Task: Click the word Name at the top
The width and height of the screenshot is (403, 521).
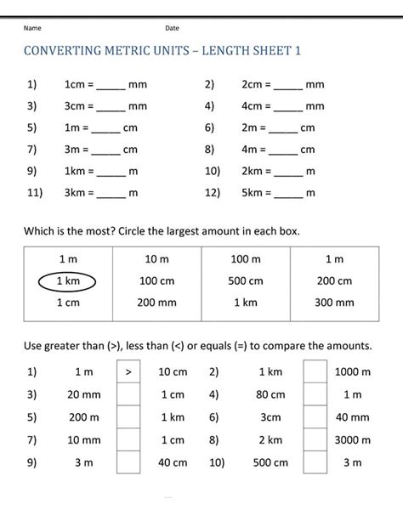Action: (31, 28)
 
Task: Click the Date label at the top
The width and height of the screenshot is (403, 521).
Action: (172, 28)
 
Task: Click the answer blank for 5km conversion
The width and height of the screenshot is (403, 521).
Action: (289, 194)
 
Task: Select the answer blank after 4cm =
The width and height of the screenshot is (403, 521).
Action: (289, 108)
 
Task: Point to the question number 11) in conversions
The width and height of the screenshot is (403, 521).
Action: (35, 193)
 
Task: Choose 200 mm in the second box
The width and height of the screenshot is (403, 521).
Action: (156, 303)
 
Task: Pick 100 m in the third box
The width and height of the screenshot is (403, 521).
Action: (246, 258)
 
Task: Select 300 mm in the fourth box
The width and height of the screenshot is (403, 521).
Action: (334, 303)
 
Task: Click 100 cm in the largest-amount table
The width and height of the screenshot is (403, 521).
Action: (156, 281)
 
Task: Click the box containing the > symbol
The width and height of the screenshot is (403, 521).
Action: (128, 371)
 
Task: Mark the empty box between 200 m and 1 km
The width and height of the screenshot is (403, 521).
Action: (128, 417)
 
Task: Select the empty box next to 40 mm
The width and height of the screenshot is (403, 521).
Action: (315, 417)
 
